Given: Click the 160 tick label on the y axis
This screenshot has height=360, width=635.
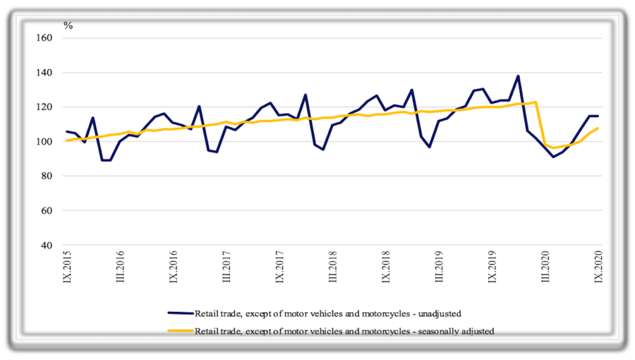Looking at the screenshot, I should click(x=45, y=38).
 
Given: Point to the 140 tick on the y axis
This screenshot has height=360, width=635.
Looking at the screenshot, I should click(x=45, y=73).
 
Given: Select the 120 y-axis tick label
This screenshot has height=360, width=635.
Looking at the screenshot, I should click(x=45, y=107).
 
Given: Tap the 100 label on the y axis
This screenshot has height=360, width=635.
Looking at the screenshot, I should click(x=45, y=142).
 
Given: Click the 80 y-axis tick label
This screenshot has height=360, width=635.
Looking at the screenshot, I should click(x=48, y=176).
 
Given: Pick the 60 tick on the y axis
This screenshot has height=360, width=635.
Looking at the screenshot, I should click(x=48, y=211).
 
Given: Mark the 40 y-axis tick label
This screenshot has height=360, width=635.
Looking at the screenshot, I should click(x=48, y=246).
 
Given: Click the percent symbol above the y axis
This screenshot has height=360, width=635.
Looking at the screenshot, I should click(x=68, y=25).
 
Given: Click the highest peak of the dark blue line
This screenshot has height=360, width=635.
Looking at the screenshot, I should click(x=519, y=76).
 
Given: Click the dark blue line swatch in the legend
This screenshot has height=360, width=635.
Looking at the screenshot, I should click(x=180, y=313).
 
